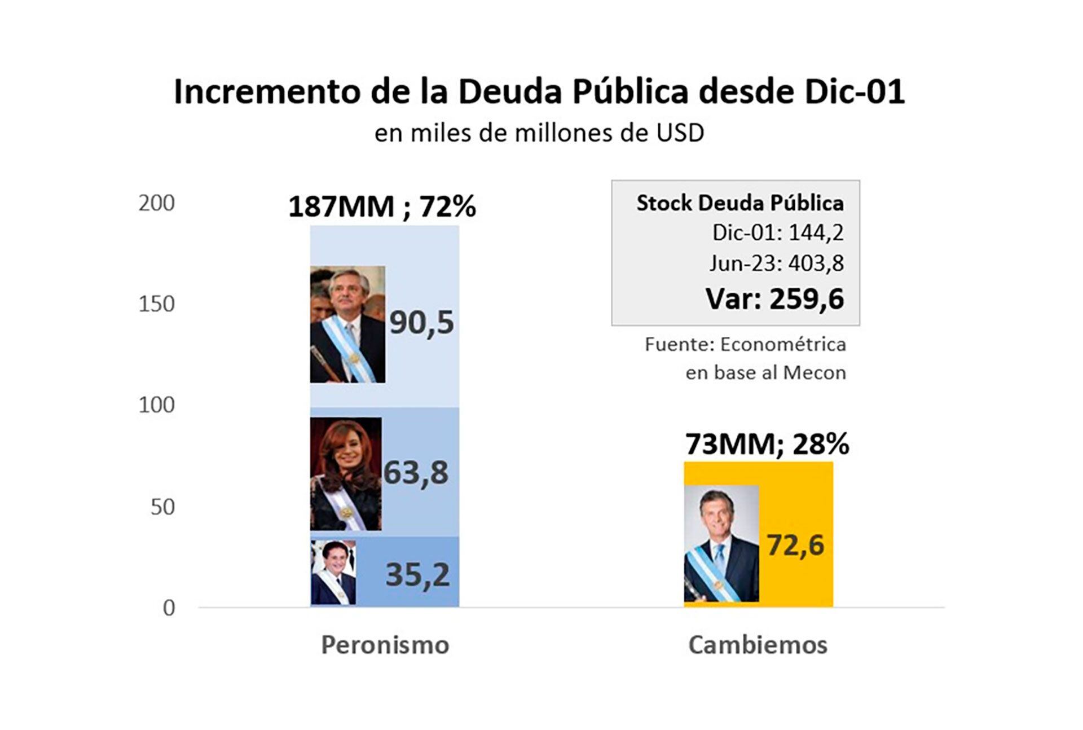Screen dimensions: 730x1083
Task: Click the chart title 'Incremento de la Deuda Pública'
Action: pos(539,91)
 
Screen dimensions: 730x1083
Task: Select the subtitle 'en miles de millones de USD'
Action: pos(539,133)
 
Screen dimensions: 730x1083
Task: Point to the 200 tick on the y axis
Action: pos(156,203)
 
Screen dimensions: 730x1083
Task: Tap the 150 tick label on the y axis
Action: pos(156,304)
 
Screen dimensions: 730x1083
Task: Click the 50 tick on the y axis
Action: pos(162,507)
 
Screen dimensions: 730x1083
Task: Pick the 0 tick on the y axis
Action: pos(169,608)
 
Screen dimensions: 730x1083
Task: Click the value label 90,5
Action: pos(421,323)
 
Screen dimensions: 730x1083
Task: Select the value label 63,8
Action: pos(416,473)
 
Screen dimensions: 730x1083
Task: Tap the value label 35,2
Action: pos(417,575)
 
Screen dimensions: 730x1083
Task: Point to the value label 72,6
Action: pos(795,545)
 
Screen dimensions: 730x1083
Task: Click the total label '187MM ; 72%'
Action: pos(382,206)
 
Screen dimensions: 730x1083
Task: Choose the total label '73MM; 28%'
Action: pos(767,445)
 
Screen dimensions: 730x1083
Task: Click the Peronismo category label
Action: pos(385,645)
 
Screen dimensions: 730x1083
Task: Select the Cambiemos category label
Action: pos(758,645)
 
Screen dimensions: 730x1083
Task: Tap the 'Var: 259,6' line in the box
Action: pos(774,298)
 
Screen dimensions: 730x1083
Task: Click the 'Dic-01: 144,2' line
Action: pos(777,232)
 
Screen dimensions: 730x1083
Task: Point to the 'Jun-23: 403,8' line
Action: pos(776,263)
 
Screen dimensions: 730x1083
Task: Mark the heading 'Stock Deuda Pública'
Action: pos(740,203)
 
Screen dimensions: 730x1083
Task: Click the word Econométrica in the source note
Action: pos(783,344)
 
